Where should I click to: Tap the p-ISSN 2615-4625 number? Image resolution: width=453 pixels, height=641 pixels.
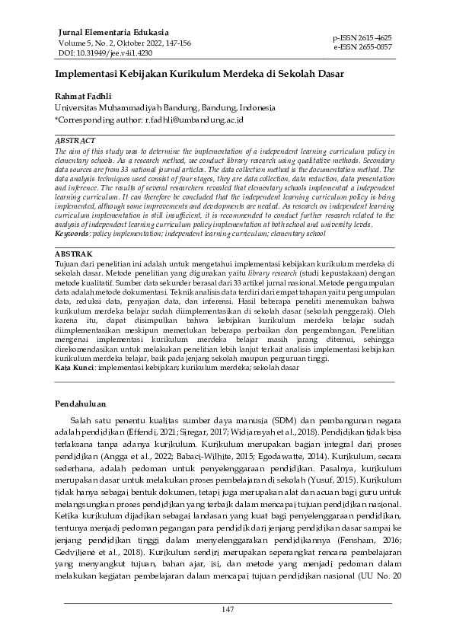pyautogui.click(x=362, y=37)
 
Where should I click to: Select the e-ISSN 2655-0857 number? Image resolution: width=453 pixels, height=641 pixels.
pyautogui.click(x=362, y=46)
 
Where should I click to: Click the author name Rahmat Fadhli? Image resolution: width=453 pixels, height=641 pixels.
pyautogui.click(x=83, y=97)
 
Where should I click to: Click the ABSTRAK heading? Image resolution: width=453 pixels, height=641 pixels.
pyautogui.click(x=73, y=254)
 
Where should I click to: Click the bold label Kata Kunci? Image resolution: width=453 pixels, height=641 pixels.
pyautogui.click(x=75, y=367)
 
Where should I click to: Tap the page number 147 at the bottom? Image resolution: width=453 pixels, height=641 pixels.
pyautogui.click(x=227, y=610)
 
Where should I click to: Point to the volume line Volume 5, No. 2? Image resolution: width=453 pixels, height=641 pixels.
pyautogui.click(x=125, y=43)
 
